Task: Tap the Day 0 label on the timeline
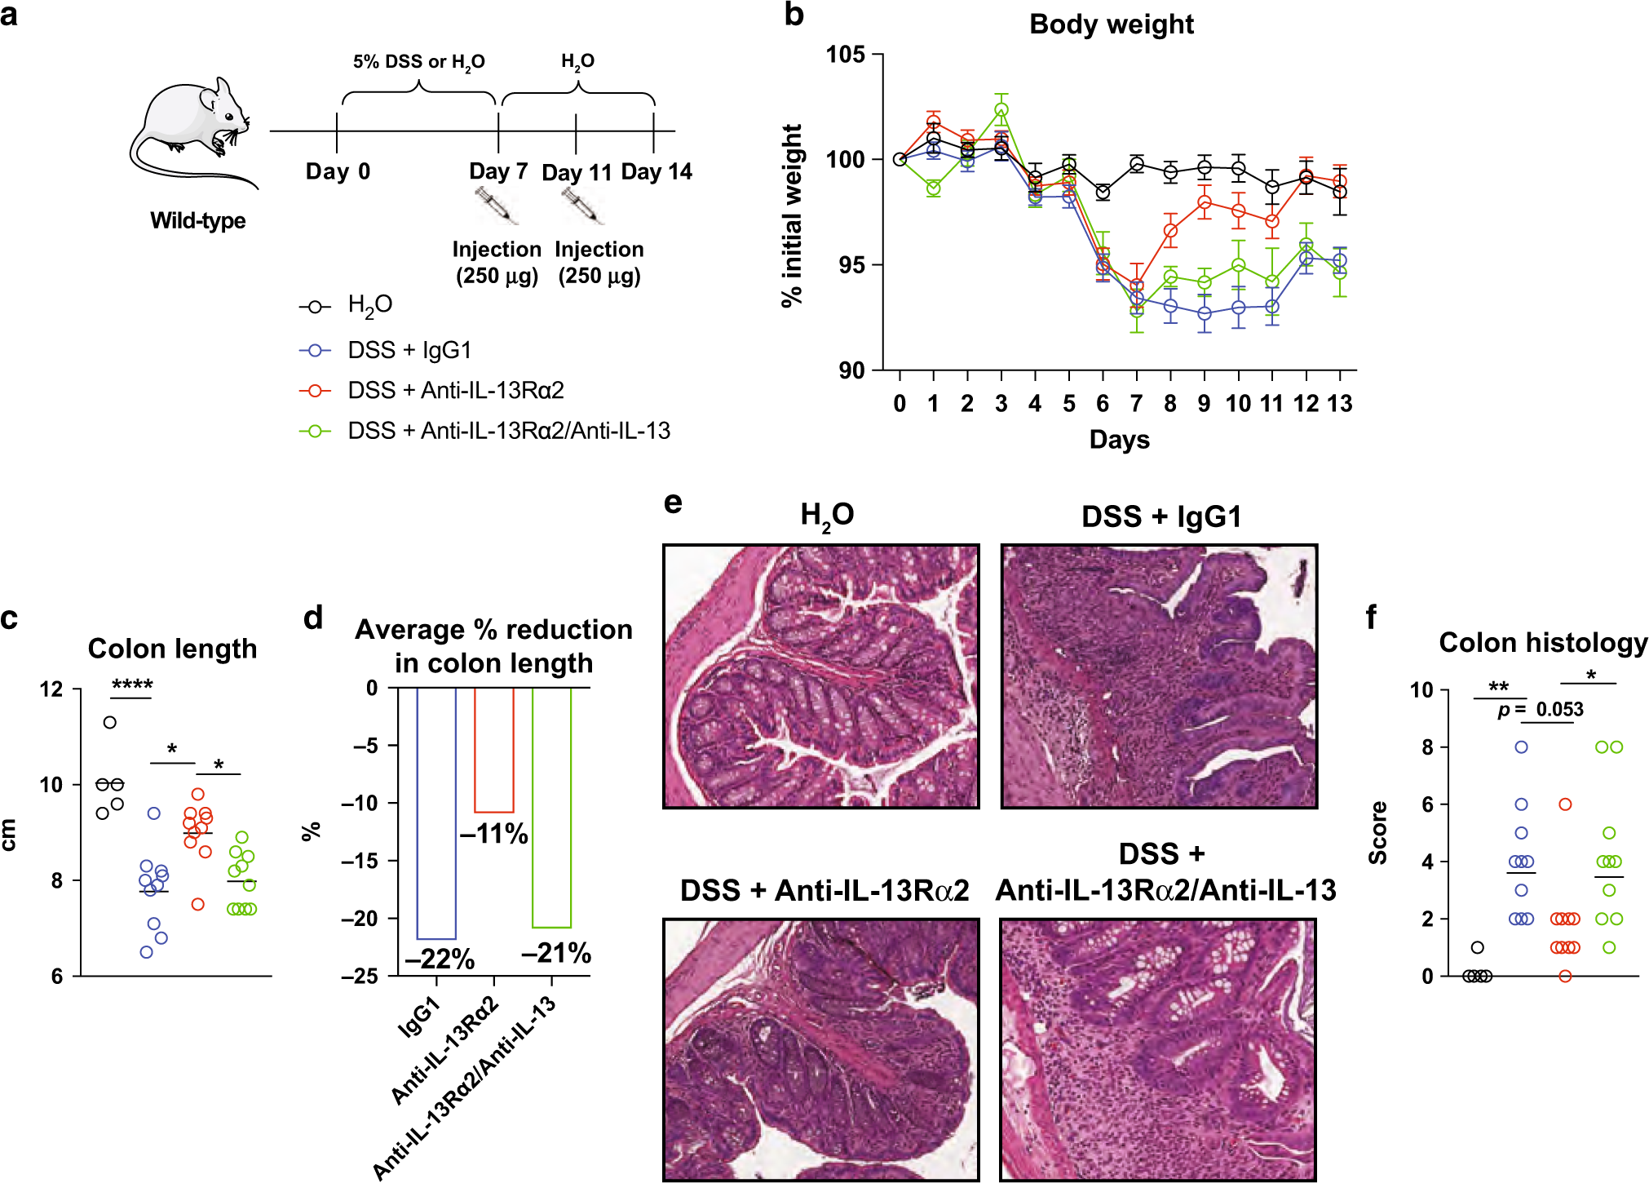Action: coord(338,171)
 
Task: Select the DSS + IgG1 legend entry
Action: coord(409,350)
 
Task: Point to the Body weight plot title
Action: coord(1111,24)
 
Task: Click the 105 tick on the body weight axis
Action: coord(845,55)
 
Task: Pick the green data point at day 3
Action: coord(1001,110)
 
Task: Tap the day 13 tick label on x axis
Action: coord(1340,403)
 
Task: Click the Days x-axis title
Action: coord(1119,440)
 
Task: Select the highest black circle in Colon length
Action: coord(109,722)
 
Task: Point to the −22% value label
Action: coord(440,959)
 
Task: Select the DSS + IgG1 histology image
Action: coord(1159,676)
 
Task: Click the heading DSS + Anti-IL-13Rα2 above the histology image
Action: coord(824,890)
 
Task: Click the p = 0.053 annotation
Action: coord(1541,710)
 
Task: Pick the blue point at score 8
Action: coord(1521,747)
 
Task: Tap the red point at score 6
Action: coord(1565,804)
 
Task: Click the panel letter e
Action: coord(673,503)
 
